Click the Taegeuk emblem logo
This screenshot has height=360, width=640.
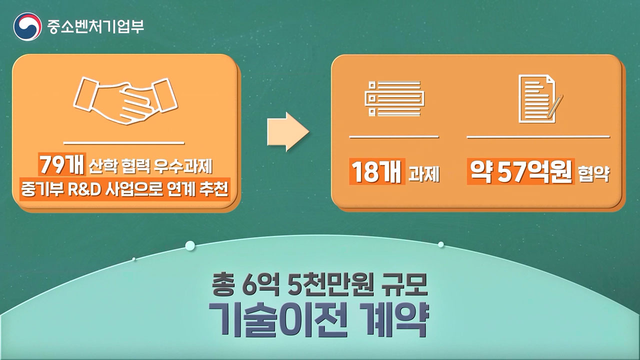tap(27, 26)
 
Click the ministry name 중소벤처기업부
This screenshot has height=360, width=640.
tap(95, 26)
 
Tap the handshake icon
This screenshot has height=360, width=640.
tap(125, 100)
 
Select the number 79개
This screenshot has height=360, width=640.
tap(62, 165)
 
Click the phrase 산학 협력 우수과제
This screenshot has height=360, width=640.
tap(150, 166)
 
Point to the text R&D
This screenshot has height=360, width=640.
tap(84, 189)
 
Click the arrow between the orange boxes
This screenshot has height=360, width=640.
tap(288, 131)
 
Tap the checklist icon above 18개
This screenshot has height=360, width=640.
tap(394, 98)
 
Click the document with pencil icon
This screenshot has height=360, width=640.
tap(540, 98)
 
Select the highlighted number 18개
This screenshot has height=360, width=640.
tap(377, 172)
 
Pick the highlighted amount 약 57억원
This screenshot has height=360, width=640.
tap(521, 172)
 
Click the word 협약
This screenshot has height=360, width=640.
tap(594, 173)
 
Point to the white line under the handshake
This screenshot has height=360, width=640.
tap(124, 142)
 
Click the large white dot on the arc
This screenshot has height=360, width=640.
tap(190, 245)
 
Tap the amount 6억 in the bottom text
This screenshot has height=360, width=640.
tap(260, 285)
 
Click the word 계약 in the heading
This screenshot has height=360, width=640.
tap(394, 319)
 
